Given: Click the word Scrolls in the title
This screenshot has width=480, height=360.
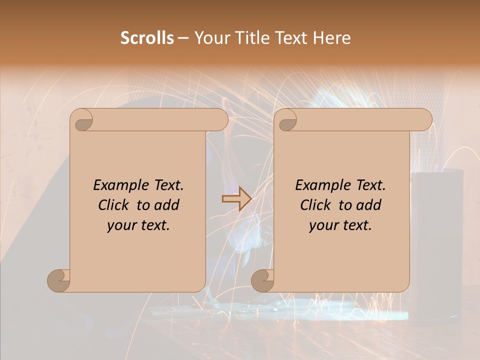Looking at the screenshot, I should (x=147, y=38).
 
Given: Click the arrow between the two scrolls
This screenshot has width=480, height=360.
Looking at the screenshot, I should (x=236, y=199).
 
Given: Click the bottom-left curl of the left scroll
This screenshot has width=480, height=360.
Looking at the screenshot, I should (x=59, y=280).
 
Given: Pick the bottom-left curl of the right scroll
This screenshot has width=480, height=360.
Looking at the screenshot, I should (x=263, y=280).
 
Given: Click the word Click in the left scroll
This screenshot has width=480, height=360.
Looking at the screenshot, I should (x=113, y=205).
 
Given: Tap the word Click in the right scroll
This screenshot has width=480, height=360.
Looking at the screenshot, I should (x=315, y=205).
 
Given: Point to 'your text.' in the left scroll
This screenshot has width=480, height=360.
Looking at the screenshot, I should (x=138, y=225).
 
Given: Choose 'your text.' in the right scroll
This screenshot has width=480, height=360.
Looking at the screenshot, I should (x=340, y=225).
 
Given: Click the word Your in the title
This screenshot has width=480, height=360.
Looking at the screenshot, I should (x=210, y=38).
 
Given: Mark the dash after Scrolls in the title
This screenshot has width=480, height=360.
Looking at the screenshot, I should (x=183, y=38).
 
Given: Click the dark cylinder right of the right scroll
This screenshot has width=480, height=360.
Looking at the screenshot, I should (x=437, y=240).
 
